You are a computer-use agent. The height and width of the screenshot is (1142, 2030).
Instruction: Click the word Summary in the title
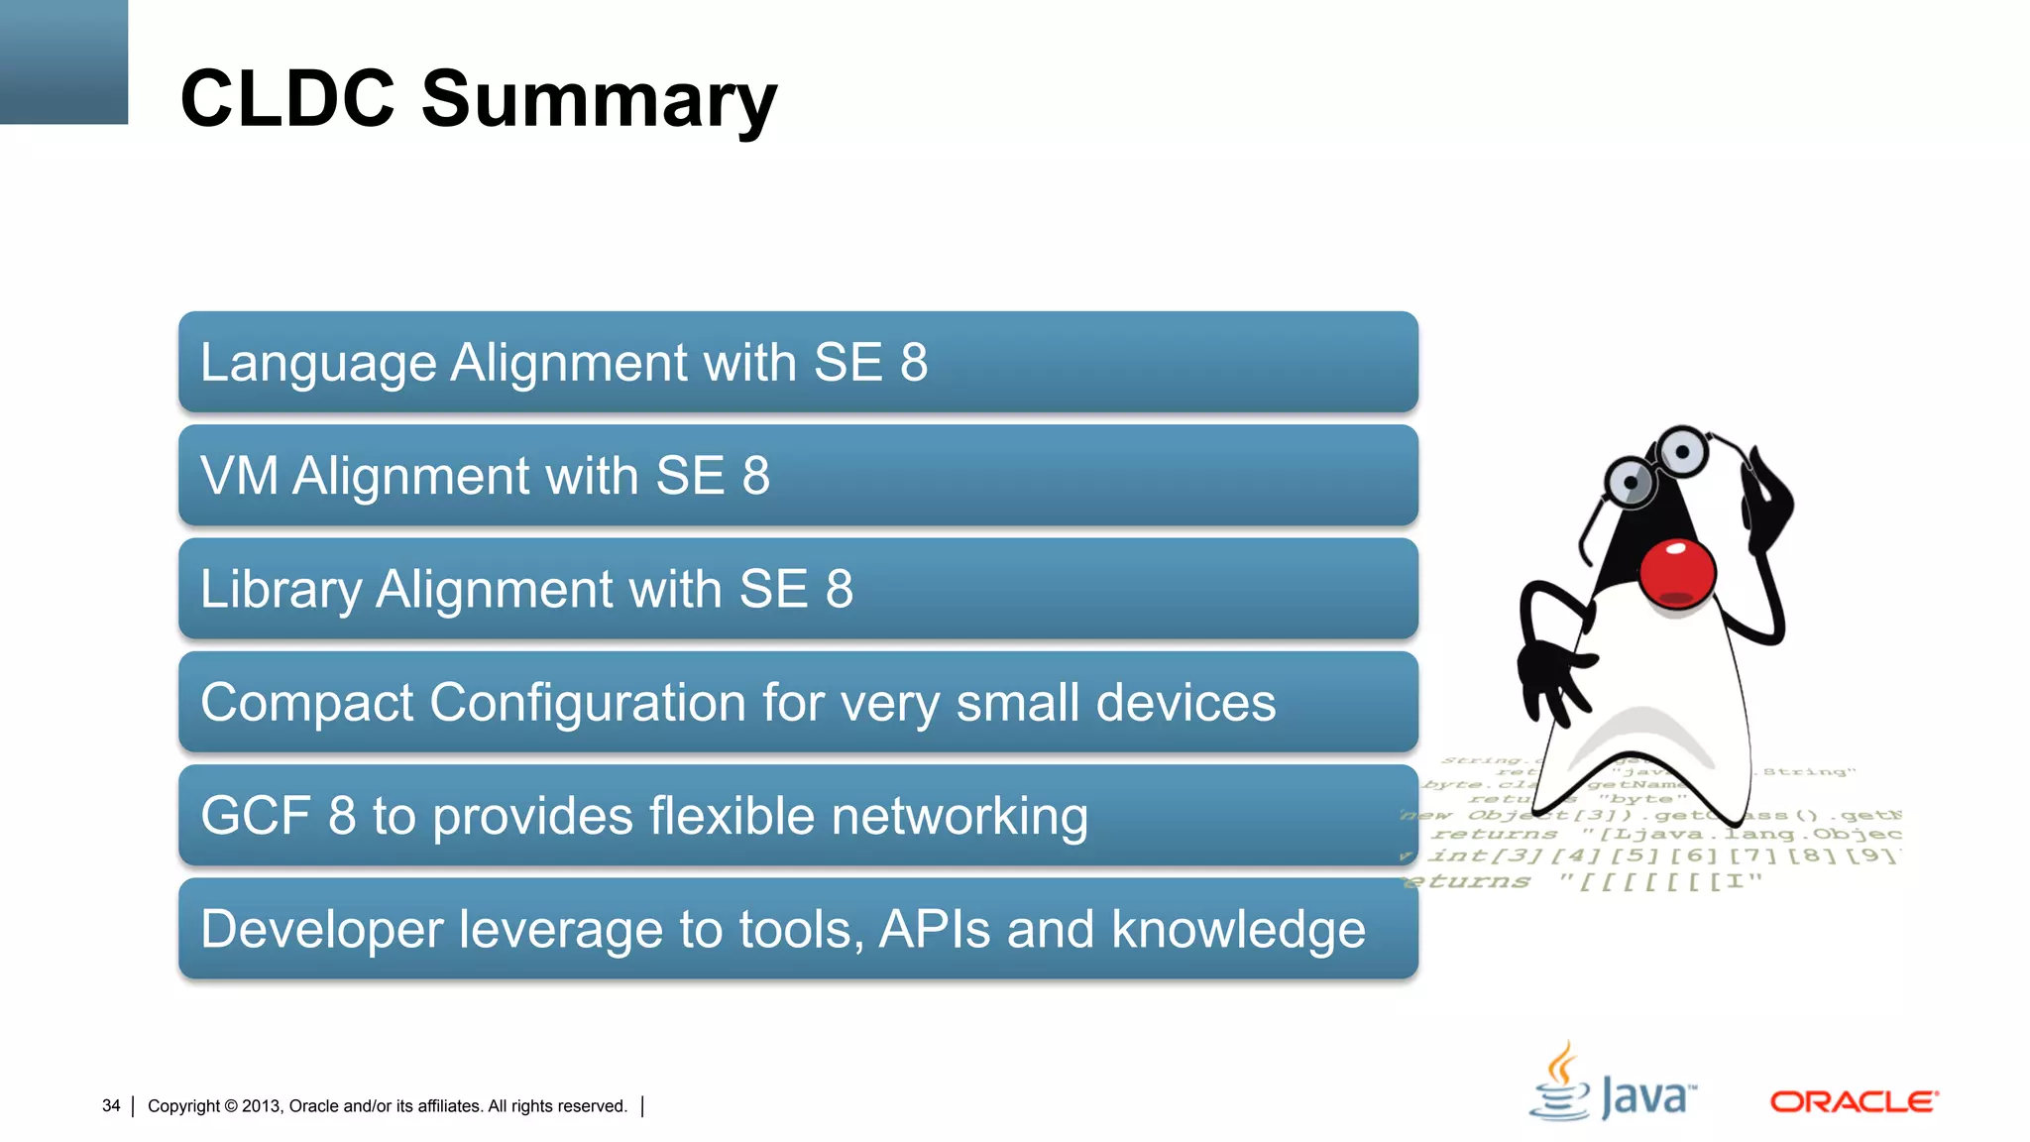(599, 100)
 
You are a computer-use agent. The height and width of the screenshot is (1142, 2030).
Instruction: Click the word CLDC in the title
(287, 99)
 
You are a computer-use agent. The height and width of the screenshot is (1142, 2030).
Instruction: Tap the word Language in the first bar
(318, 363)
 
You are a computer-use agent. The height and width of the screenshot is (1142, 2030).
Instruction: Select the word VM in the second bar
(239, 476)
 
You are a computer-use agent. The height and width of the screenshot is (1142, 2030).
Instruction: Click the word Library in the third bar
(281, 590)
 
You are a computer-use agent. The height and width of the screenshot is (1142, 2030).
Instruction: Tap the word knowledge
(1238, 930)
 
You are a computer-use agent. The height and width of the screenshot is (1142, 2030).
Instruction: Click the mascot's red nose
(1676, 572)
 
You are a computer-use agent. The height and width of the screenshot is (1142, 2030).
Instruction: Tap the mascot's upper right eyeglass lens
(1682, 452)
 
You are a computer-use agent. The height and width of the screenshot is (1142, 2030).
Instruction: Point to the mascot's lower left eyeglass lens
(1630, 483)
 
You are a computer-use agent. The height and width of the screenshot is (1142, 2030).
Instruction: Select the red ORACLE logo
(1853, 1101)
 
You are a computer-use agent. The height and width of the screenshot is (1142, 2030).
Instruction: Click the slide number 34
(111, 1105)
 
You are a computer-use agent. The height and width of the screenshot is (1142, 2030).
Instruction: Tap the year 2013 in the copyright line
(262, 1106)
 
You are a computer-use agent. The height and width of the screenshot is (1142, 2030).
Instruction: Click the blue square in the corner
(63, 61)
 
